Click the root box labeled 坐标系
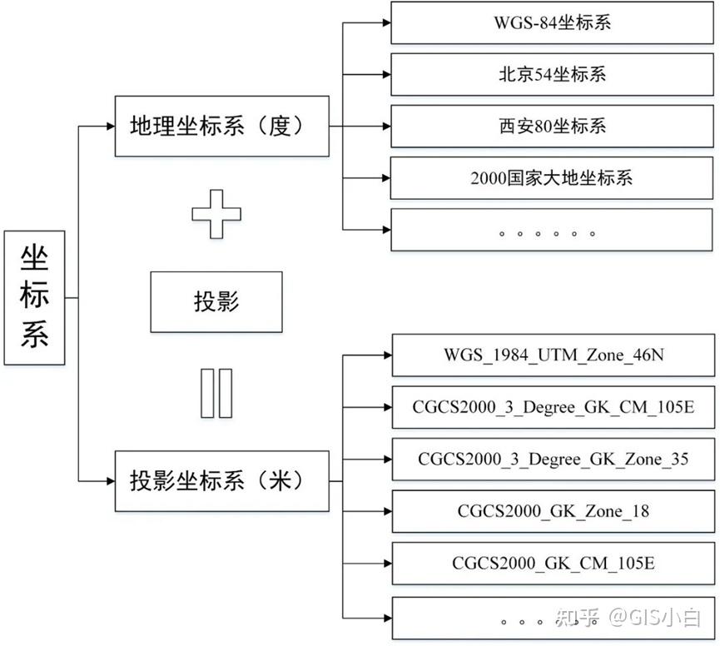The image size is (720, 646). pos(34,297)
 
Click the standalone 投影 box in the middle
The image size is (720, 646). pos(216,301)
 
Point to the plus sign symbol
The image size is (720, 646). pos(216,212)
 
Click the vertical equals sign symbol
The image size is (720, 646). pos(216,392)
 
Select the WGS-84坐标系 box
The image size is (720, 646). pos(552,23)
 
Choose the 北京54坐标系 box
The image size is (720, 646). pos(552,75)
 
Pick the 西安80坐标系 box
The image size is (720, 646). pos(552,127)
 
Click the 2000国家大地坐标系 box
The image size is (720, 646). pos(552,178)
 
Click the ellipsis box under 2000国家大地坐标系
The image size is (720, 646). pos(552,230)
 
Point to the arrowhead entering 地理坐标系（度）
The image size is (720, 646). pos(109,127)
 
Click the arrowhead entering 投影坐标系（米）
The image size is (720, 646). pos(109,481)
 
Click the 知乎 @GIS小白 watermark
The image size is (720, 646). pos(628,617)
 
